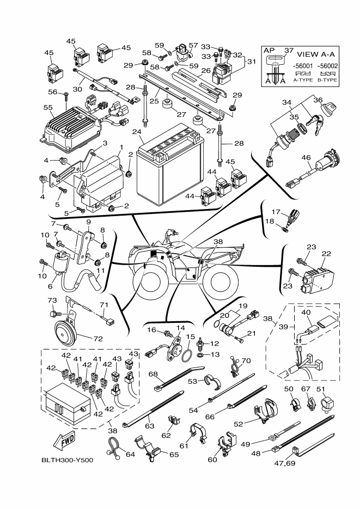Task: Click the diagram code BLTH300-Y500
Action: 67,461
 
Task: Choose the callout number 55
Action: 47,108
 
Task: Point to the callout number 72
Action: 98,339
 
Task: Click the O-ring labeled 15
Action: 185,355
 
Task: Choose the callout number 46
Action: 306,158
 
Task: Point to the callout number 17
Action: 276,212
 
